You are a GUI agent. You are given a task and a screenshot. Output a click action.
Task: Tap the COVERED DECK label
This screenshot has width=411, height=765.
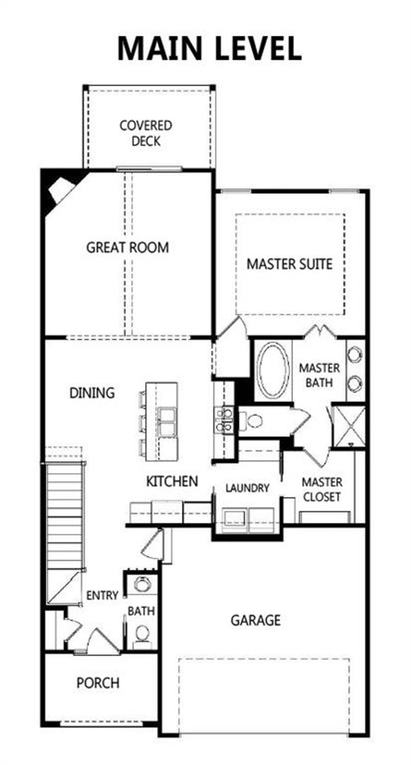146,133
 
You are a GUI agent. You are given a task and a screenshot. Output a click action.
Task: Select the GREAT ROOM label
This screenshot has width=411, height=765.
128,247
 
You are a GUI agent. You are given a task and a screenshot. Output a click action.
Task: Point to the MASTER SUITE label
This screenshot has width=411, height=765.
289,264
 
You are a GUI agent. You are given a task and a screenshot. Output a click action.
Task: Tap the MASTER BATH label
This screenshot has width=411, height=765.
319,375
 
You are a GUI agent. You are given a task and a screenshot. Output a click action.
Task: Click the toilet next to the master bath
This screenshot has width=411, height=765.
252,421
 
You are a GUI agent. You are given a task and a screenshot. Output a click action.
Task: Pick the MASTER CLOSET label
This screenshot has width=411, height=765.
322,489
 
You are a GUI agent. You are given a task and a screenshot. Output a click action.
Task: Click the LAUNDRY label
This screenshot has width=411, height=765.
247,488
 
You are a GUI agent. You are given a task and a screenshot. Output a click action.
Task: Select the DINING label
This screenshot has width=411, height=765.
92,393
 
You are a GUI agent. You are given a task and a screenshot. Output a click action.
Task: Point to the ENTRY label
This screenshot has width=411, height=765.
102,595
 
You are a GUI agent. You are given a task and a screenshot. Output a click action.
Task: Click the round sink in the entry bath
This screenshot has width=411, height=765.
141,584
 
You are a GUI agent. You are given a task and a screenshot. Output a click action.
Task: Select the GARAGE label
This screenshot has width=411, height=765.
255,620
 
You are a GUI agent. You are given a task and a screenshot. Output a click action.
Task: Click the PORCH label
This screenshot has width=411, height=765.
98,683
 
